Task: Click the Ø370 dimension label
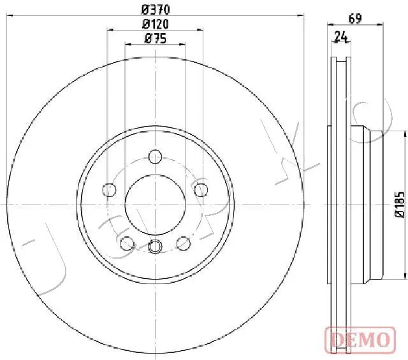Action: tap(155, 9)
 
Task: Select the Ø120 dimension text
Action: tap(155, 24)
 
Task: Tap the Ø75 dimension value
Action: tap(155, 39)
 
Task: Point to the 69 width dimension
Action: tap(355, 19)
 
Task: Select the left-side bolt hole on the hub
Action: tap(110, 189)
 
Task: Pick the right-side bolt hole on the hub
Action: tap(201, 189)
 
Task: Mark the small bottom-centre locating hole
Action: tap(155, 247)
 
